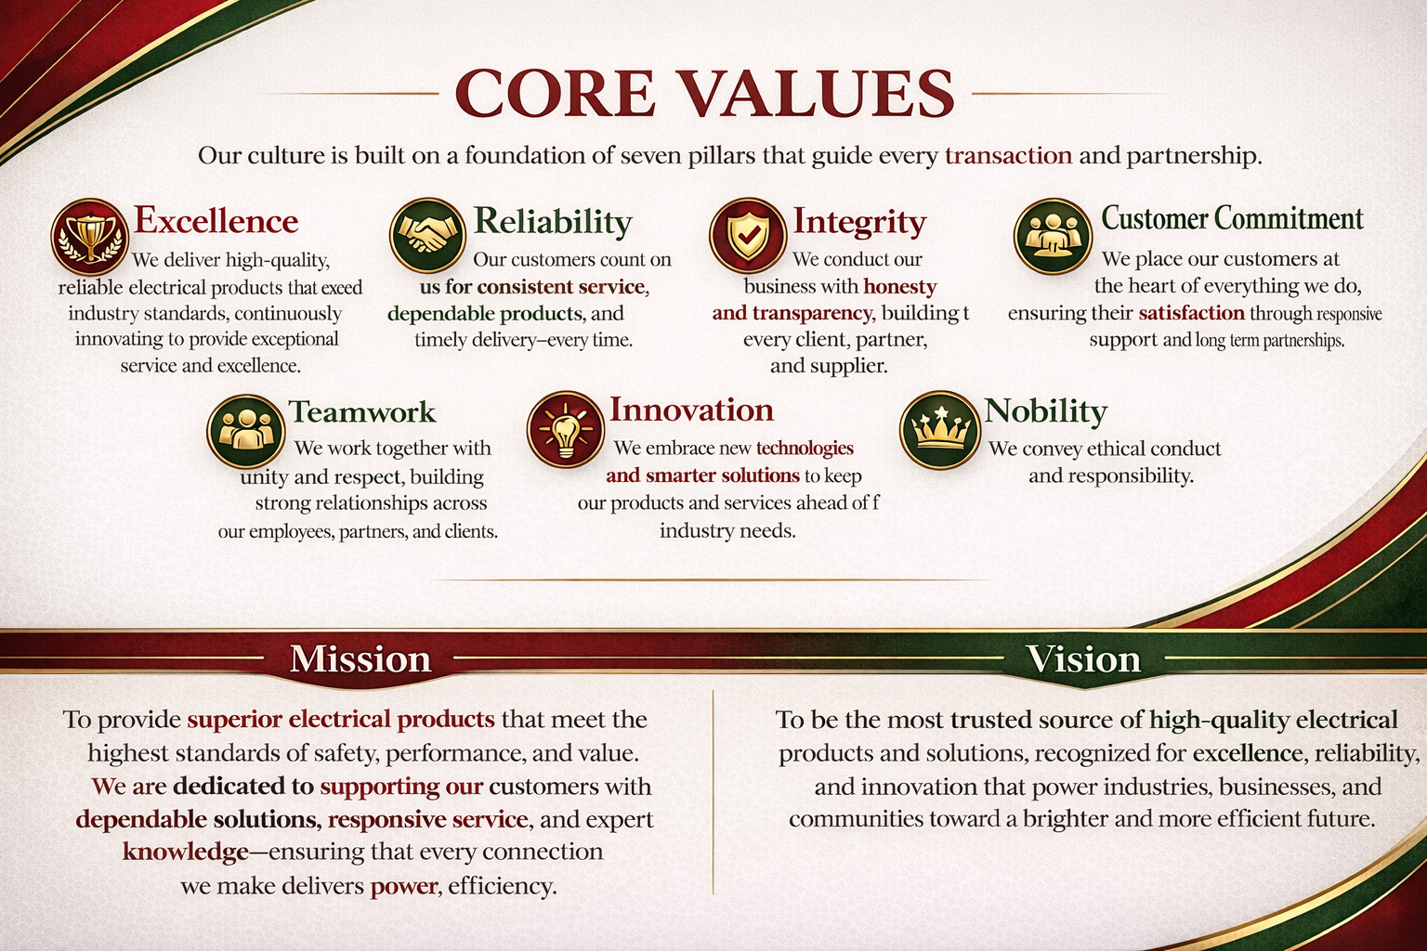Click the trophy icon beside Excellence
pos(90,237)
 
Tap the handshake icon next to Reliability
pos(427,235)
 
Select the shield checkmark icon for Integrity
pos(748,236)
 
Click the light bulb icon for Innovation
pos(566,429)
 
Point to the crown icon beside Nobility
pos(939,430)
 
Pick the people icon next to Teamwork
pos(245,431)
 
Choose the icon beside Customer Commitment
pos(1053,236)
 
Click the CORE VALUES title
pos(704,93)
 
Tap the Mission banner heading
pos(360,658)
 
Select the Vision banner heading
pos(1083,658)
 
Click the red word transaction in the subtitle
pos(1008,155)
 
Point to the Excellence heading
pos(216,220)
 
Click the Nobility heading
pos(1045,410)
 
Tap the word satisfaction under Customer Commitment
pos(1191,313)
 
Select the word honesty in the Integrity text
pos(900,287)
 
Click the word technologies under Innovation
pos(805,448)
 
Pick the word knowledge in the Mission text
pos(186,852)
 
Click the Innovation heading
pos(692,410)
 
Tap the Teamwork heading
pos(361,411)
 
